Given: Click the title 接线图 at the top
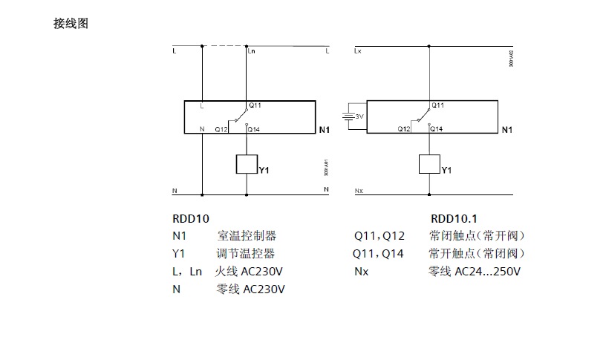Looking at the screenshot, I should click(x=71, y=24).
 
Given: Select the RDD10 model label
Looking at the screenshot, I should click(x=191, y=219).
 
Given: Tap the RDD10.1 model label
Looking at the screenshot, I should click(x=454, y=219).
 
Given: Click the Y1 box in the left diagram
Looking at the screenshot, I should click(x=247, y=164).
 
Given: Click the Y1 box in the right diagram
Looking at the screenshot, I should click(x=429, y=164).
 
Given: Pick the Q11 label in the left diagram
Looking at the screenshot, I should click(x=255, y=105).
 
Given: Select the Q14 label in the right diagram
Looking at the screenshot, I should click(x=437, y=129).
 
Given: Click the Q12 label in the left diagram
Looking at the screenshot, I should click(x=221, y=129).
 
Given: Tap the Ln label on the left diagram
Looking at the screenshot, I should click(x=252, y=52).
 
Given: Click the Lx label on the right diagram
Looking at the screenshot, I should click(x=359, y=52).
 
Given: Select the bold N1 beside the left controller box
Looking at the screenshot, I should click(x=324, y=131).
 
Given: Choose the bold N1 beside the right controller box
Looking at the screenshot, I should click(x=507, y=131).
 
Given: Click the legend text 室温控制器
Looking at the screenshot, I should click(x=247, y=236).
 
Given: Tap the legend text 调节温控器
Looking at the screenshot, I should click(x=247, y=254).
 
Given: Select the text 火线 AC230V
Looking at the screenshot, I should click(x=250, y=272).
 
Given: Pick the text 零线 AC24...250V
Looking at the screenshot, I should click(x=475, y=272).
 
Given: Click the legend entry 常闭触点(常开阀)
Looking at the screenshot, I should click(x=477, y=236).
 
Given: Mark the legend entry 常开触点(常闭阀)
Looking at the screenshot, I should click(x=477, y=254).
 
